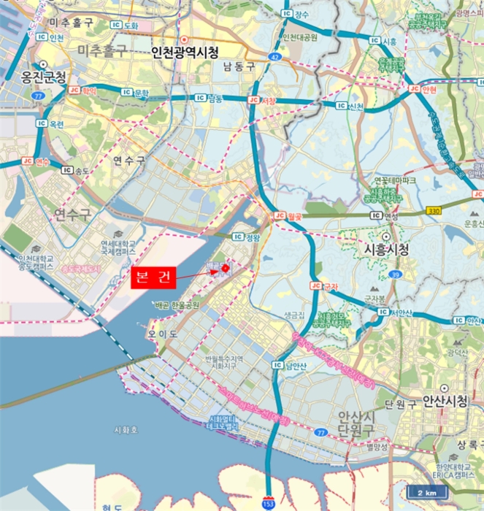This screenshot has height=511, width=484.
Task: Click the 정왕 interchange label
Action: (x=246, y=237)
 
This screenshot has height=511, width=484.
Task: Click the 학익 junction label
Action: (x=82, y=90)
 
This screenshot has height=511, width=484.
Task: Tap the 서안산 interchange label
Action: (x=394, y=312)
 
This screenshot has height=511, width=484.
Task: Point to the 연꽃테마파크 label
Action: (x=394, y=180)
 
